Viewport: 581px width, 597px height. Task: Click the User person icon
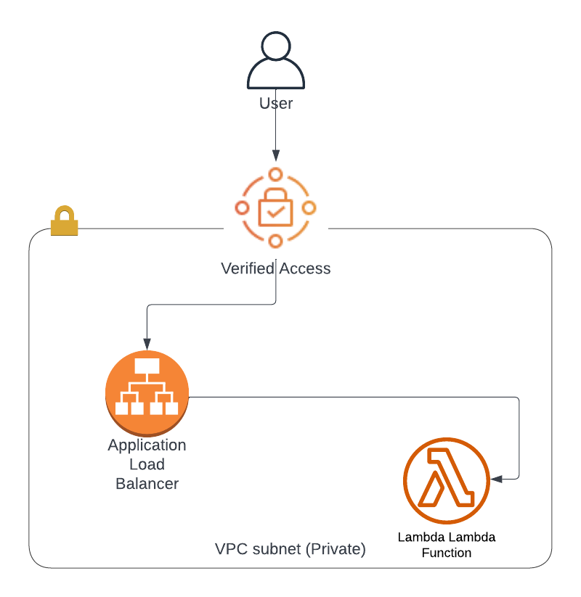[x=275, y=62]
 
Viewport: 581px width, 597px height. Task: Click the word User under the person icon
[x=276, y=104]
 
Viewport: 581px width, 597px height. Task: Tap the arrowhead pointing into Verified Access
[x=275, y=155]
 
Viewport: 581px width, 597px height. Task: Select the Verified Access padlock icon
[x=275, y=208]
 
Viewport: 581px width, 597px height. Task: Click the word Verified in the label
[x=248, y=268]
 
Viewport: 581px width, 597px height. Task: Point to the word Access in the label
[x=305, y=268]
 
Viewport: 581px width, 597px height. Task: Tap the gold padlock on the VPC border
[x=64, y=221]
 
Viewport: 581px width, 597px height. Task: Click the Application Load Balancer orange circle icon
[x=147, y=392]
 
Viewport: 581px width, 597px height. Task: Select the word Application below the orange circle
[x=147, y=445]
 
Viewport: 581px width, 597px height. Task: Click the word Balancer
[x=147, y=483]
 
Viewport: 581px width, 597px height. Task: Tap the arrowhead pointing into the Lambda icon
[x=497, y=479]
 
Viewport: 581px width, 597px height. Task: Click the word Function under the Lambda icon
[x=446, y=553]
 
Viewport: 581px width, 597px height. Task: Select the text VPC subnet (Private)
[x=290, y=549]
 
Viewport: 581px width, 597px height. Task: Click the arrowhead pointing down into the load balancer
[x=147, y=343]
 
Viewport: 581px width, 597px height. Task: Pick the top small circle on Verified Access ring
[x=275, y=174]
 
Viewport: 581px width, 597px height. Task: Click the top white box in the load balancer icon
[x=147, y=366]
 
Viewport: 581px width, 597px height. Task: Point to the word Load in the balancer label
[x=147, y=464]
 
